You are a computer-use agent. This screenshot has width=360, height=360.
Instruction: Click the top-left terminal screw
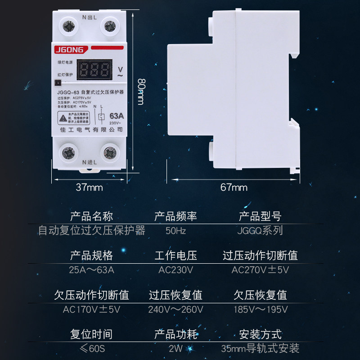pyautogui.click(x=69, y=27)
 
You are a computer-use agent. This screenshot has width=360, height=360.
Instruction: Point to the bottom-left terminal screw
pyautogui.click(x=69, y=153)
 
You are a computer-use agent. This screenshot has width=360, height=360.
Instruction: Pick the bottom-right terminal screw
pyautogui.click(x=109, y=153)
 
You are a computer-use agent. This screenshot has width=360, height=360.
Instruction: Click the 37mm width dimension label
pyautogui.click(x=89, y=187)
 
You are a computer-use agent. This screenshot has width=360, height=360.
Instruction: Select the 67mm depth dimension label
pyautogui.click(x=234, y=187)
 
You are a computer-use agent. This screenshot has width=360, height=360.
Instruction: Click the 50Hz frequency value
pyautogui.click(x=175, y=231)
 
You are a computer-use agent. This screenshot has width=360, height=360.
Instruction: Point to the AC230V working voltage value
pyautogui.click(x=175, y=270)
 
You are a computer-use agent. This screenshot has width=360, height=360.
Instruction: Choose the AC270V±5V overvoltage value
pyautogui.click(x=260, y=270)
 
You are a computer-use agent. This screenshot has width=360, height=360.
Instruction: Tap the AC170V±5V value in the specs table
pyautogui.click(x=91, y=310)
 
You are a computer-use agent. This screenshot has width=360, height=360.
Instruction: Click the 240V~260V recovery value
pyautogui.click(x=175, y=310)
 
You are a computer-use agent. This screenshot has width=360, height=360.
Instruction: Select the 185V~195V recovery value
pyautogui.click(x=260, y=310)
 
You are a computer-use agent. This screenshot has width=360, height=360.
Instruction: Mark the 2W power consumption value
pyautogui.click(x=175, y=348)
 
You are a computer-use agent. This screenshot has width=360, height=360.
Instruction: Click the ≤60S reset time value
pyautogui.click(x=91, y=348)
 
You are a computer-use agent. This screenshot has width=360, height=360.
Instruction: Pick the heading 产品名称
pyautogui.click(x=91, y=216)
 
